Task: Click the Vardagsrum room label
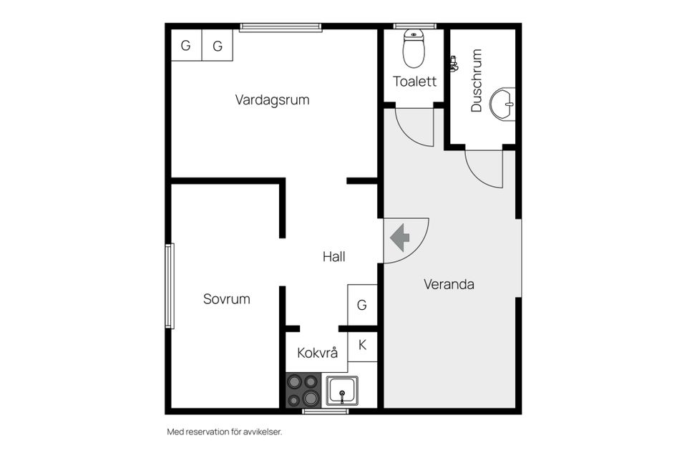tap(272, 100)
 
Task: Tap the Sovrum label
tap(227, 299)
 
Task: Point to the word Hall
tap(334, 256)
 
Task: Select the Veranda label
tap(449, 284)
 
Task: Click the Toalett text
tap(414, 82)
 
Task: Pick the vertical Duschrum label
tap(477, 80)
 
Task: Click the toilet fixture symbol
tap(414, 48)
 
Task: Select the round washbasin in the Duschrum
tap(502, 104)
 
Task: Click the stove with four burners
tap(303, 390)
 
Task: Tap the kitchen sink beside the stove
tap(342, 391)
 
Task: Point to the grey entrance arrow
tap(399, 238)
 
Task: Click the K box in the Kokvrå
tap(362, 346)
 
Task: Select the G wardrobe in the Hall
tap(362, 305)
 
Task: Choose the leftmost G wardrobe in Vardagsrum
tap(186, 45)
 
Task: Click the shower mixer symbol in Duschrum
tap(454, 64)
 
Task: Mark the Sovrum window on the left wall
tap(170, 286)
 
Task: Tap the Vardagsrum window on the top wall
tap(281, 28)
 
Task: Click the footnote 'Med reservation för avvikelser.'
tap(224, 432)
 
